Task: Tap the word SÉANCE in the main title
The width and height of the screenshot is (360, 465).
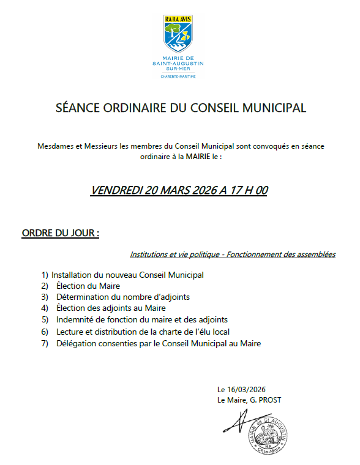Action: point(76,109)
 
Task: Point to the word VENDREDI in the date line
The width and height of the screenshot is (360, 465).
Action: point(116,190)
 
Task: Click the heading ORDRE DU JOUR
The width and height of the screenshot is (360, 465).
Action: point(60,234)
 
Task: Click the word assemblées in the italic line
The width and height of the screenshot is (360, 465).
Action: point(315,254)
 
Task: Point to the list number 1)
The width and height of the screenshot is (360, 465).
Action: point(45,275)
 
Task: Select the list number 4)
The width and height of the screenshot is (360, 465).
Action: point(45,308)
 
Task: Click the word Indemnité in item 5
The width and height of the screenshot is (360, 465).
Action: point(75,319)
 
